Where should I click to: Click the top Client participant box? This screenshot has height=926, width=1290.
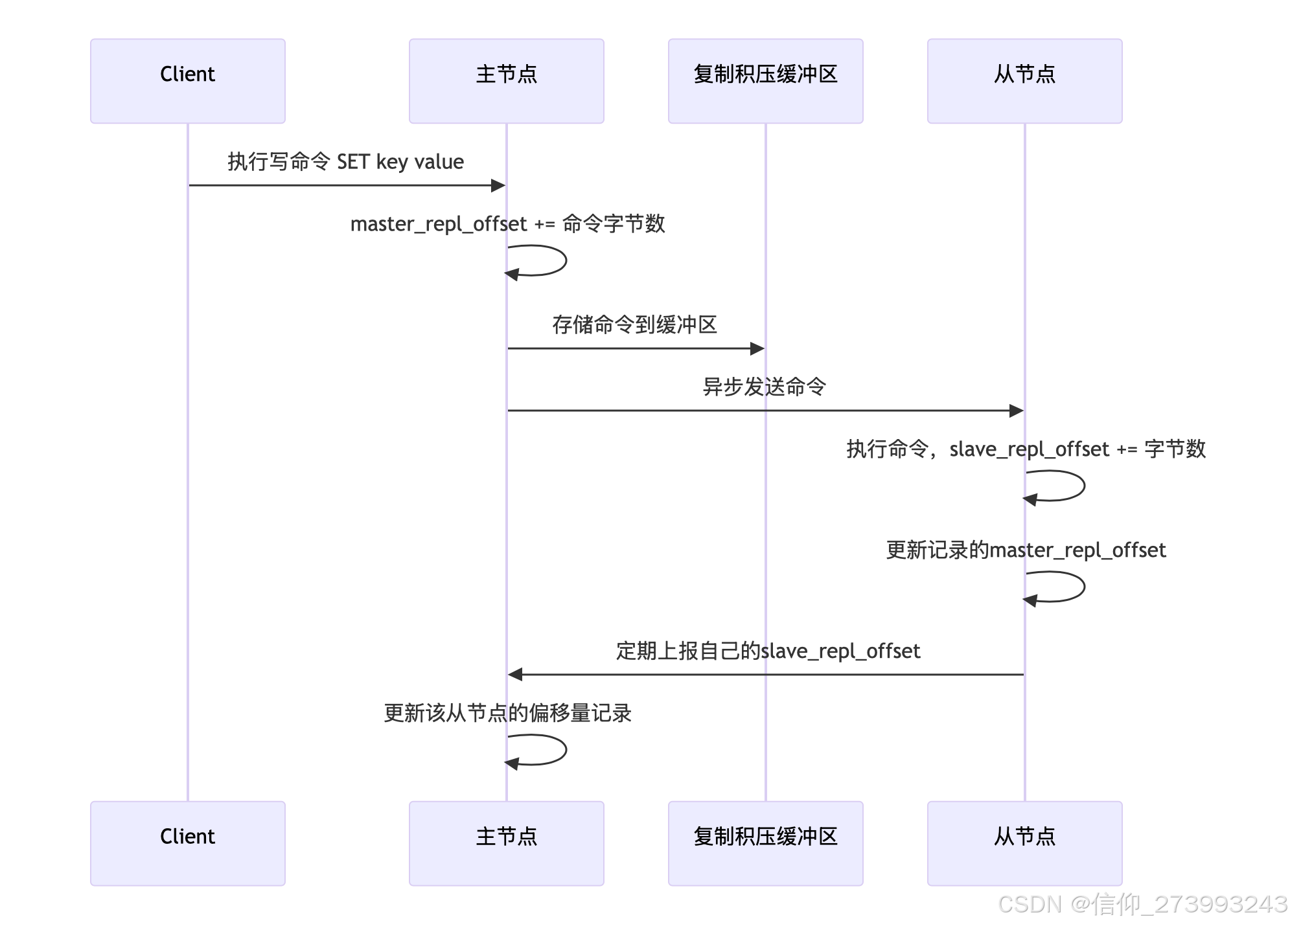coord(187,81)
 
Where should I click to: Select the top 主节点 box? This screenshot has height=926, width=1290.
coord(506,81)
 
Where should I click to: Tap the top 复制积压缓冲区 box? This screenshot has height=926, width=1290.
coord(765,81)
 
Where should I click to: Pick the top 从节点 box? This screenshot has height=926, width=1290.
coord(1024,81)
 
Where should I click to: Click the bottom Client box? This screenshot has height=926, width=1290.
coord(187,843)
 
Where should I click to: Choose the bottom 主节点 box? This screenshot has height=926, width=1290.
coord(506,843)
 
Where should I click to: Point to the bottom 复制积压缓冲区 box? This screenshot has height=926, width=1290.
coord(765,843)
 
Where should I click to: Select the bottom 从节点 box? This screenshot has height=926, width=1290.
coord(1024,843)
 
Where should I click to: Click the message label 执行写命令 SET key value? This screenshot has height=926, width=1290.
coord(345,162)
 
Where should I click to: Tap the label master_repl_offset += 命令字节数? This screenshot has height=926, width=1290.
coord(507,224)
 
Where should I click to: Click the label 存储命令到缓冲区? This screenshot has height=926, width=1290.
coord(634,324)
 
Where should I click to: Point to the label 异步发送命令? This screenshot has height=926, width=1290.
coord(765,387)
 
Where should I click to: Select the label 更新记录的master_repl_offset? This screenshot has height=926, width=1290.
coord(1025,550)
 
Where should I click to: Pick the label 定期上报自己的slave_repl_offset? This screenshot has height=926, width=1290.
coord(767,651)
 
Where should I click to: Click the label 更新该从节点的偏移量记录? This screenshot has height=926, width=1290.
coord(507,713)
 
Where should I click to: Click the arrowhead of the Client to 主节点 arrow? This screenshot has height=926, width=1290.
coord(498,186)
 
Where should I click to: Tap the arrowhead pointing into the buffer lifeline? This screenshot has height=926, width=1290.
coord(757,349)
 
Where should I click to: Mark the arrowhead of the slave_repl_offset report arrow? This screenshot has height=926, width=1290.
coord(515,675)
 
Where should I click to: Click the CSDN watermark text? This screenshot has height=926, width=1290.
coord(1142,904)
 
